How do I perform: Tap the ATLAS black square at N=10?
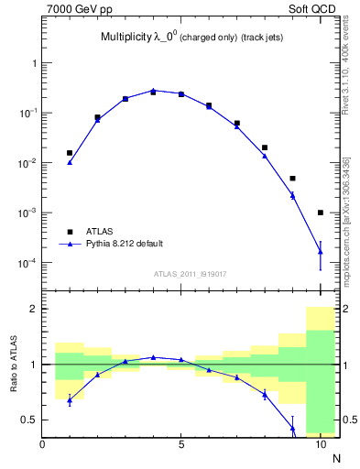(321, 213)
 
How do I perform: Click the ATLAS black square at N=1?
(70, 153)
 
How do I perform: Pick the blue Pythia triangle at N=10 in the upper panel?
(321, 251)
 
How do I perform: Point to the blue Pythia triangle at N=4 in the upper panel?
(153, 91)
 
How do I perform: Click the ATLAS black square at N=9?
(292, 179)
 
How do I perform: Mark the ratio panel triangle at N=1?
(70, 399)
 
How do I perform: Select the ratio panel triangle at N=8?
(265, 394)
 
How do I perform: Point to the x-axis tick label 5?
(181, 445)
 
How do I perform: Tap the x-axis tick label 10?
(320, 445)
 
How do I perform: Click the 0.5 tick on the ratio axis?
(29, 420)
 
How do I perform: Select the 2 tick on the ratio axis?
(33, 309)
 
